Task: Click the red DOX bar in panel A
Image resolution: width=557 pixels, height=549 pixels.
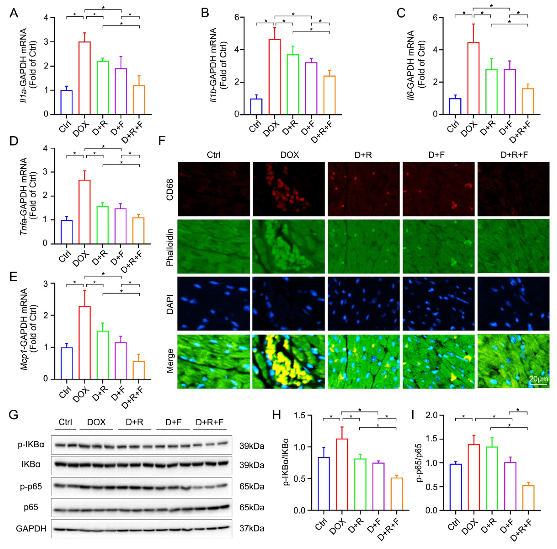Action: [85, 78]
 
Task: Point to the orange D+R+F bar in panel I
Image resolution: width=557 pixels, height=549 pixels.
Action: [528, 499]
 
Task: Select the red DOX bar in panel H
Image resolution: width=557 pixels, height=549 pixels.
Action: [342, 475]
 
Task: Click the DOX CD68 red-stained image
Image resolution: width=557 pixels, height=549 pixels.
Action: [288, 189]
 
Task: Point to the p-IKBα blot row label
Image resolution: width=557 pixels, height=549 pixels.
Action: [31, 444]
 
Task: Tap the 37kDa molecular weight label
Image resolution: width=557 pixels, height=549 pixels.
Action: [252, 528]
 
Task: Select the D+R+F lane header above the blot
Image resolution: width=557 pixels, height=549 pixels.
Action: [209, 422]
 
